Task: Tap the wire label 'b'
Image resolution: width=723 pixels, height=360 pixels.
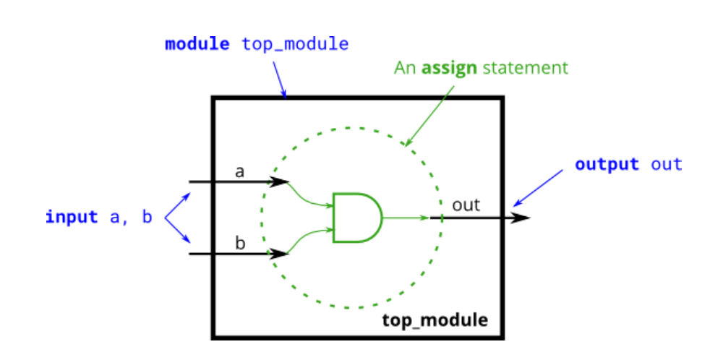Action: tap(240, 243)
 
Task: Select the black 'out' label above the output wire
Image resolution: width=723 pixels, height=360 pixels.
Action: tap(466, 205)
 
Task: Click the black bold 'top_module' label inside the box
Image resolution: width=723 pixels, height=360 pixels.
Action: tap(435, 319)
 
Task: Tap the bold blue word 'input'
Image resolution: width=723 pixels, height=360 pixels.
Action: tap(72, 217)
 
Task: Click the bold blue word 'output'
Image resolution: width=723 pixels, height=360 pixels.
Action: tap(607, 164)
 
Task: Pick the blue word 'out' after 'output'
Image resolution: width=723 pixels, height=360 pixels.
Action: tap(667, 164)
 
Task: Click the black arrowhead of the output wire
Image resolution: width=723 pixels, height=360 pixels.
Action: tap(521, 218)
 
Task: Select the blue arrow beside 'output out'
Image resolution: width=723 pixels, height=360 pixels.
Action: tap(539, 188)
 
